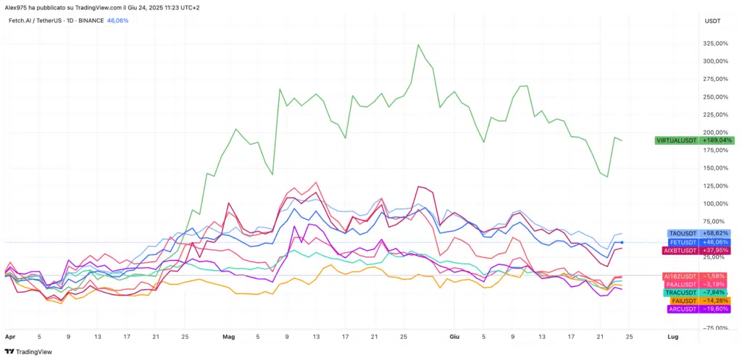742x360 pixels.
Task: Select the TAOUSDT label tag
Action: coord(683,233)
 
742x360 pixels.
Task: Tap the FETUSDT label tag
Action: coord(683,242)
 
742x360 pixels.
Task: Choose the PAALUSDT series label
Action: coord(683,285)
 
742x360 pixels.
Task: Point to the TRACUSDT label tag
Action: coord(683,293)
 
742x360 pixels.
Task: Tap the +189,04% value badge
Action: coord(718,140)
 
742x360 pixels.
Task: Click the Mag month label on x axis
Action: coord(229,338)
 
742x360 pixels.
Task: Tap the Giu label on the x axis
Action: coord(455,338)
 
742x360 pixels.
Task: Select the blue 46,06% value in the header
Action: coord(117,20)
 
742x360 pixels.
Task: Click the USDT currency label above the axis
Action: coord(712,21)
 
